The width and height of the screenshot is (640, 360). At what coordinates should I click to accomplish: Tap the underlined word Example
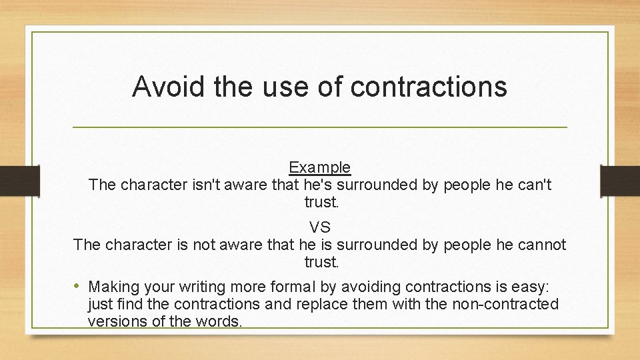pyautogui.click(x=319, y=167)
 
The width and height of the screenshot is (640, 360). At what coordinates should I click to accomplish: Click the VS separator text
pyautogui.click(x=320, y=227)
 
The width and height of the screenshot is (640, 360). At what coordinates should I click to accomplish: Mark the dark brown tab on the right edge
pyautogui.click(x=620, y=179)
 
